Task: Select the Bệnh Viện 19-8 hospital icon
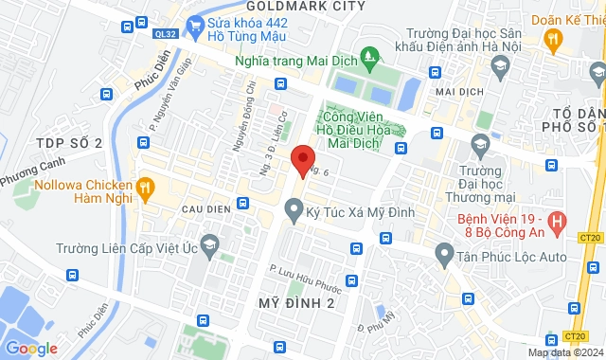(558, 224)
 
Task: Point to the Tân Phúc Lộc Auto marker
(443, 253)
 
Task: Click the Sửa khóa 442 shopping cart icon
(197, 25)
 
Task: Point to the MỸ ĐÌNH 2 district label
(297, 302)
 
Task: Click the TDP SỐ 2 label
(68, 142)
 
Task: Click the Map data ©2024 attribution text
(563, 352)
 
